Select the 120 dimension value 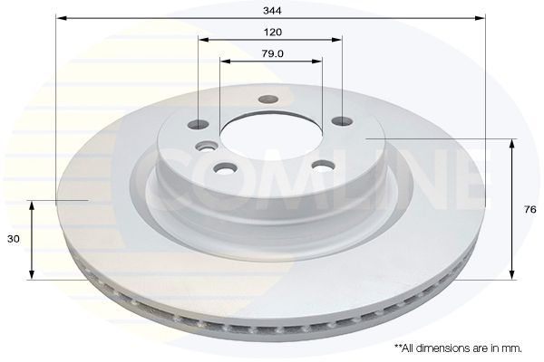coord(271,31)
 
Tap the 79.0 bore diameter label coord(271,53)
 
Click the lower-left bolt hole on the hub coord(224,167)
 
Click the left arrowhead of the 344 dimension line coord(60,17)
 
